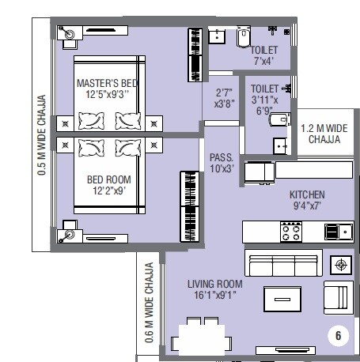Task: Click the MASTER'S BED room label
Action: click(x=108, y=83)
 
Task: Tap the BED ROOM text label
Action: click(x=109, y=179)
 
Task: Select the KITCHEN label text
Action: click(x=307, y=194)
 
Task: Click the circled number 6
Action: click(x=338, y=335)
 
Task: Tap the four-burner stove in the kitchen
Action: click(x=290, y=232)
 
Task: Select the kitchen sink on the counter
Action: click(x=339, y=231)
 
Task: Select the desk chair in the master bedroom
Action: click(x=69, y=34)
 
